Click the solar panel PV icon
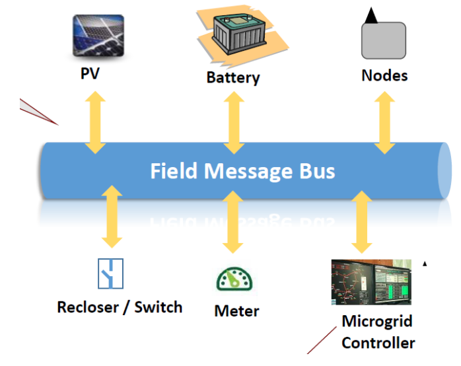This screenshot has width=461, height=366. point(98,36)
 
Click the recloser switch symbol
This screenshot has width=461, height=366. point(110,273)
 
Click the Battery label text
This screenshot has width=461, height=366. point(233,78)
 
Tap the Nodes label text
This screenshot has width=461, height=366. point(384,75)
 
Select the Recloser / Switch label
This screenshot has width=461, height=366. point(120,307)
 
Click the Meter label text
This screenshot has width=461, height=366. point(236,311)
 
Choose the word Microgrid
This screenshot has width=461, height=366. point(376,322)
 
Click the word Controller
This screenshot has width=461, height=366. point(378,343)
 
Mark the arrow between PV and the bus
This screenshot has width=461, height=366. point(96,122)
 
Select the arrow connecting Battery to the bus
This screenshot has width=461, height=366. point(232,122)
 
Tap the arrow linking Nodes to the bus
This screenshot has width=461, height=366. point(384,122)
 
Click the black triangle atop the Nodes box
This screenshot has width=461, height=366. point(371,16)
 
